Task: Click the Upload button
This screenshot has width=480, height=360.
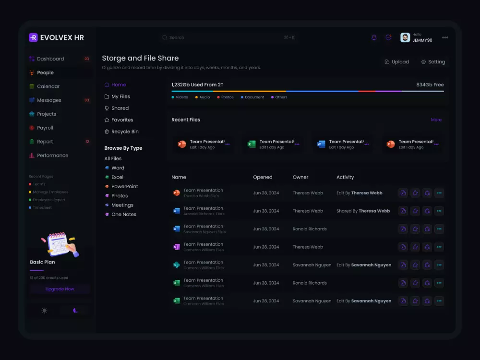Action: click(x=397, y=62)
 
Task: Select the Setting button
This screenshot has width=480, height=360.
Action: click(x=433, y=62)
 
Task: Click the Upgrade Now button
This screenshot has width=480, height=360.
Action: click(x=60, y=289)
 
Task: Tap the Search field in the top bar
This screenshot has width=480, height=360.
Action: click(x=228, y=37)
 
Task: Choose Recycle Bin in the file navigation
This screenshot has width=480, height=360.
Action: click(x=125, y=132)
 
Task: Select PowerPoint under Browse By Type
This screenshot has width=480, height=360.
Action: click(x=124, y=187)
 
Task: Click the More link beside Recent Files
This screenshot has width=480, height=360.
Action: click(x=436, y=120)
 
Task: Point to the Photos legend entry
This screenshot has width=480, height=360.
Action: click(x=227, y=97)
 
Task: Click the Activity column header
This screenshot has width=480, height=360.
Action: click(x=345, y=178)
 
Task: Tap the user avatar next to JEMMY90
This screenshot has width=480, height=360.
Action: click(x=405, y=37)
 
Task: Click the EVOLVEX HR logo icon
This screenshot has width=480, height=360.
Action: click(x=33, y=37)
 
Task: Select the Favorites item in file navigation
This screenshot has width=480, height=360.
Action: click(x=122, y=120)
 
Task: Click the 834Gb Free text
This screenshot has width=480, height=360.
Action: click(x=430, y=85)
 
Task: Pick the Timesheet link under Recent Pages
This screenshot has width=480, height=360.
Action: click(x=42, y=208)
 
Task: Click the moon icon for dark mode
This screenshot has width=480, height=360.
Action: click(x=75, y=311)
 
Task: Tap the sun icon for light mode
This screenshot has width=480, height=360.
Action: click(x=45, y=311)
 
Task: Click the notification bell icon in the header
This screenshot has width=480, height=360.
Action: click(x=374, y=37)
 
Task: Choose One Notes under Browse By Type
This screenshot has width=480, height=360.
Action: click(x=123, y=215)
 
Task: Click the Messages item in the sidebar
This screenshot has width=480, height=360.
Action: click(x=49, y=100)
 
